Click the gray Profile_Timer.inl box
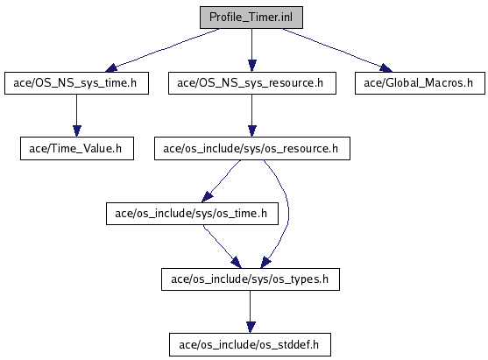pyautogui.click(x=251, y=18)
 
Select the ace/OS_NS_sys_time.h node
pyautogui.click(x=76, y=83)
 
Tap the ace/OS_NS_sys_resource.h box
pyautogui.click(x=252, y=83)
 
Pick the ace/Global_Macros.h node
pyautogui.click(x=420, y=83)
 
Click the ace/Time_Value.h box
pyautogui.click(x=77, y=148)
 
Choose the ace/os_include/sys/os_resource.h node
pyautogui.click(x=252, y=148)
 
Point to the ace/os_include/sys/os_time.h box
pyautogui.click(x=192, y=214)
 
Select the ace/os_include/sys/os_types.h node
pyautogui.click(x=251, y=279)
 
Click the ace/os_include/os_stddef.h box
pyautogui.click(x=250, y=345)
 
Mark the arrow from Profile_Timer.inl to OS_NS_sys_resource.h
pyautogui.click(x=252, y=51)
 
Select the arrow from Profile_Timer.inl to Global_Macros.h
pyautogui.click(x=337, y=50)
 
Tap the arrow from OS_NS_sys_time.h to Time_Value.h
pyautogui.click(x=77, y=116)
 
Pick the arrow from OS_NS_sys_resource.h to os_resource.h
pyautogui.click(x=252, y=116)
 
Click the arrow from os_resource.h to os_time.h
pyautogui.click(x=222, y=180)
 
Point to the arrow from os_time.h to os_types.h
pyautogui.click(x=222, y=246)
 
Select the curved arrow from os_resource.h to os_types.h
pyautogui.click(x=288, y=215)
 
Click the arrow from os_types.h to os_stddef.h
pyautogui.click(x=251, y=312)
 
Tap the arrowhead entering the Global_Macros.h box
pyautogui.click(x=386, y=67)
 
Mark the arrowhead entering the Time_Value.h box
pyautogui.click(x=77, y=131)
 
